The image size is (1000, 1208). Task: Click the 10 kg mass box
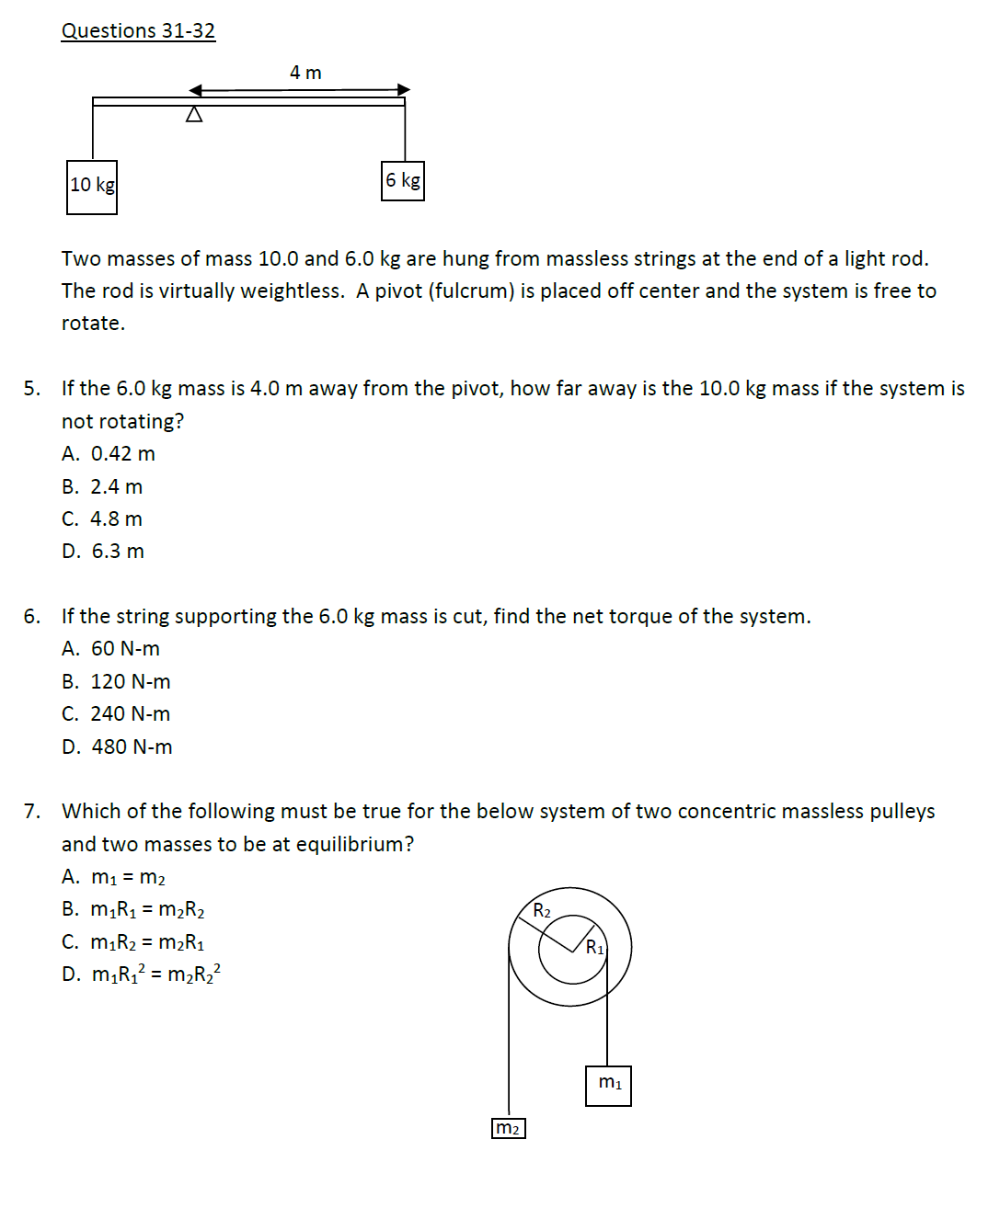[92, 187]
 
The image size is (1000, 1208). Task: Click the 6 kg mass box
[403, 181]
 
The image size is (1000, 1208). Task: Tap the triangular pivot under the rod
[194, 115]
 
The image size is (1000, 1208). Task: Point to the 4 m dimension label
[305, 73]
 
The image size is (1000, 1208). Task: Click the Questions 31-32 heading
[138, 30]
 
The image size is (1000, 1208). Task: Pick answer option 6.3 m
[103, 552]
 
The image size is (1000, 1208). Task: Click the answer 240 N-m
[116, 714]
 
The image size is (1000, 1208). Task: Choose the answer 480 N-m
[117, 747]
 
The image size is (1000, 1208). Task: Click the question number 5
[31, 389]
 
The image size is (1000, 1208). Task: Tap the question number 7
[31, 812]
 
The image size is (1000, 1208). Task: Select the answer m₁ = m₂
[114, 878]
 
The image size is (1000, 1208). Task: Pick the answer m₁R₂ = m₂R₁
[133, 942]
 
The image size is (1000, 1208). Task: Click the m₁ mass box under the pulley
[609, 1085]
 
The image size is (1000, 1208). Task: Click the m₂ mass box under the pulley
[509, 1128]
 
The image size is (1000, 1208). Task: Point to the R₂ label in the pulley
[542, 911]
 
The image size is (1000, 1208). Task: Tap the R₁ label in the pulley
[595, 947]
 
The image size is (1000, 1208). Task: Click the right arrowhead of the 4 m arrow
[404, 89]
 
